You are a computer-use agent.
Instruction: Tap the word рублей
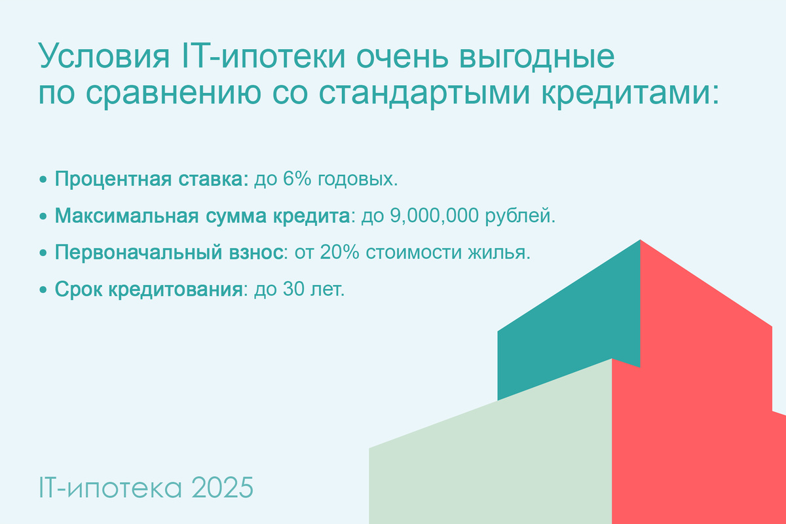pyautogui.click(x=518, y=216)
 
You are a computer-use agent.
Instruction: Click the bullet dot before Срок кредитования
pyautogui.click(x=43, y=290)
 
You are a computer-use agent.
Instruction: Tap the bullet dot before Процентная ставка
pyautogui.click(x=43, y=180)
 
